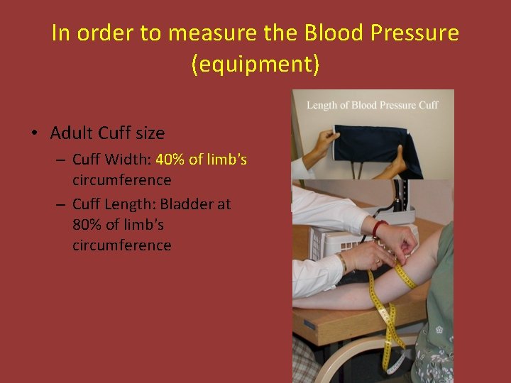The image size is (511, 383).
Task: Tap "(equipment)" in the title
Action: [x=255, y=65]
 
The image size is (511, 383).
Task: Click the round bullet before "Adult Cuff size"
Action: [x=33, y=133]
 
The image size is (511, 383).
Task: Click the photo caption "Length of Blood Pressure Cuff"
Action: [x=372, y=105]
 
